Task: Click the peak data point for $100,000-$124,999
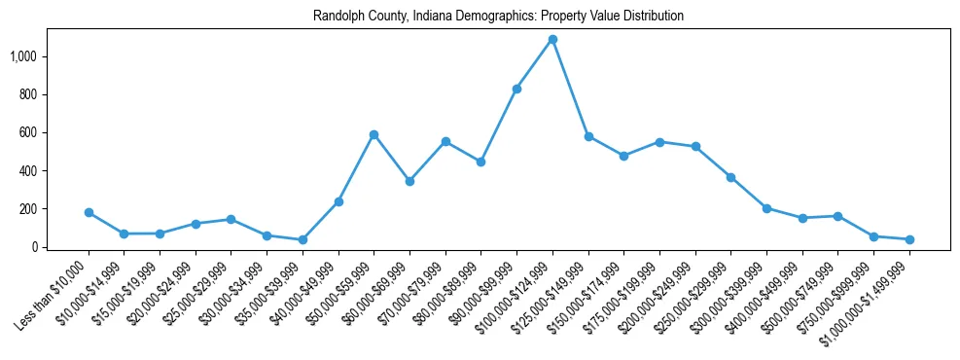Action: pyautogui.click(x=552, y=40)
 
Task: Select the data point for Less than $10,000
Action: pyautogui.click(x=89, y=212)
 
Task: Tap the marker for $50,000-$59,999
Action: pyautogui.click(x=374, y=134)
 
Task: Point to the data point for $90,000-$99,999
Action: pyautogui.click(x=516, y=89)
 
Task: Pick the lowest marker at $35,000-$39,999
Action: pyautogui.click(x=302, y=239)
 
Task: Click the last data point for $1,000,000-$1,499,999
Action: pyautogui.click(x=909, y=239)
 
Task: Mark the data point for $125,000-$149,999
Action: pyautogui.click(x=588, y=136)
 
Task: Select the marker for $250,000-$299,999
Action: pyautogui.click(x=730, y=177)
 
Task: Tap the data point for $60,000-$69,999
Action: pyautogui.click(x=409, y=181)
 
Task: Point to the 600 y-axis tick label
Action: pyautogui.click(x=30, y=132)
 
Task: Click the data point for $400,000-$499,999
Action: pyautogui.click(x=802, y=218)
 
